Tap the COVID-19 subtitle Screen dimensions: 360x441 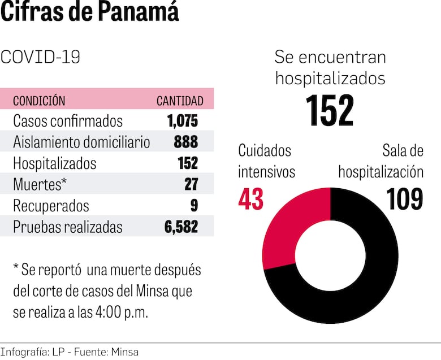41,57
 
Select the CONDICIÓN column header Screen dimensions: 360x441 39,101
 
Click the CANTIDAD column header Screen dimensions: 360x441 180,101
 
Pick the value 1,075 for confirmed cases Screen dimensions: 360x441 183,121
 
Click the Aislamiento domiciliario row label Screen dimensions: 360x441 81,142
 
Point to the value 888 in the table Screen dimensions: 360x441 186,142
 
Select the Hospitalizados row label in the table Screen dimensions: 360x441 55,163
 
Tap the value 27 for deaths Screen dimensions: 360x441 190,185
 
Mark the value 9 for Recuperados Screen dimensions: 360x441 194,206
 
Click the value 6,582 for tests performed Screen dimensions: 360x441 182,227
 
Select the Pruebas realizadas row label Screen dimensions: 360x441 68,227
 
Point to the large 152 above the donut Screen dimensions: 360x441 330,110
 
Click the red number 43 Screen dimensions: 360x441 251,199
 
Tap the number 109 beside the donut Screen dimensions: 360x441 405,199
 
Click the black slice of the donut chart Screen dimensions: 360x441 373,271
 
